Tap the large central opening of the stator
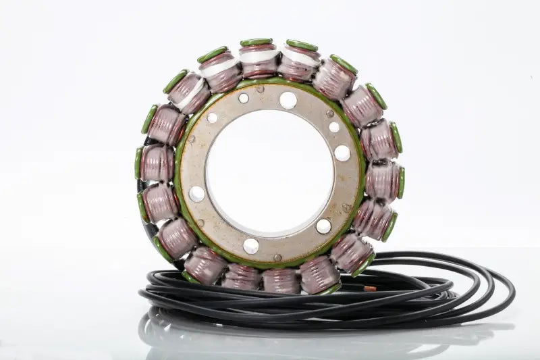coord(270,172)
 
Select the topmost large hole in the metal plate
coord(288,100)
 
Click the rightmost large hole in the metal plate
coord(342,153)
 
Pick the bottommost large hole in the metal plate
coord(251,246)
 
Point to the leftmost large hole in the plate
coord(196,194)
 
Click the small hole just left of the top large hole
coord(244,98)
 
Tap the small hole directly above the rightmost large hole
coord(334,127)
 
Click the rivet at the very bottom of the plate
coord(277,257)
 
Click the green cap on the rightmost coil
coord(401,182)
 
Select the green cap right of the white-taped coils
coord(344,64)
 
